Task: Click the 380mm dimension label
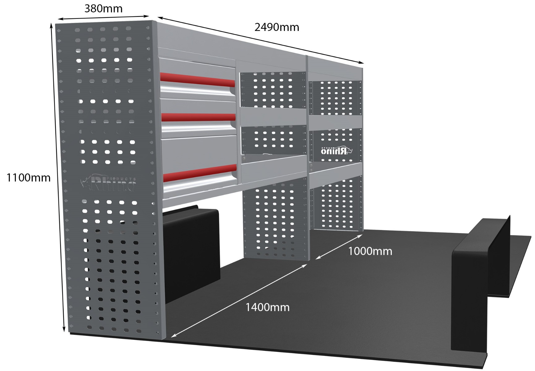pos(103,8)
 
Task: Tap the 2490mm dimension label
pos(277,27)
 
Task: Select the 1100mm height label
pos(28,178)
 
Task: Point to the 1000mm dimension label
pos(370,251)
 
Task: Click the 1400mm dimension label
pos(267,307)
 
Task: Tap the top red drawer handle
pos(197,80)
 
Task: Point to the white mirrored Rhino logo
pos(337,151)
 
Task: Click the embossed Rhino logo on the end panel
pos(108,183)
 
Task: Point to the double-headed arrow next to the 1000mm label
pos(339,247)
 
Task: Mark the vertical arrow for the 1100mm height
pos(58,178)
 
